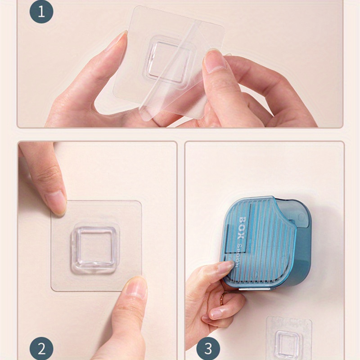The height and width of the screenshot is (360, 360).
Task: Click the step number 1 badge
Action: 42,12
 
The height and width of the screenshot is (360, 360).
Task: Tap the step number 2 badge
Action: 42,349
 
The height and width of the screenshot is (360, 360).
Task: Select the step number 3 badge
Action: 208,349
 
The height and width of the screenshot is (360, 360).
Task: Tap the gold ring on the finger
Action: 223,298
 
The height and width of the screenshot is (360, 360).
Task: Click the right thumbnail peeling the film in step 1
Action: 214,61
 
